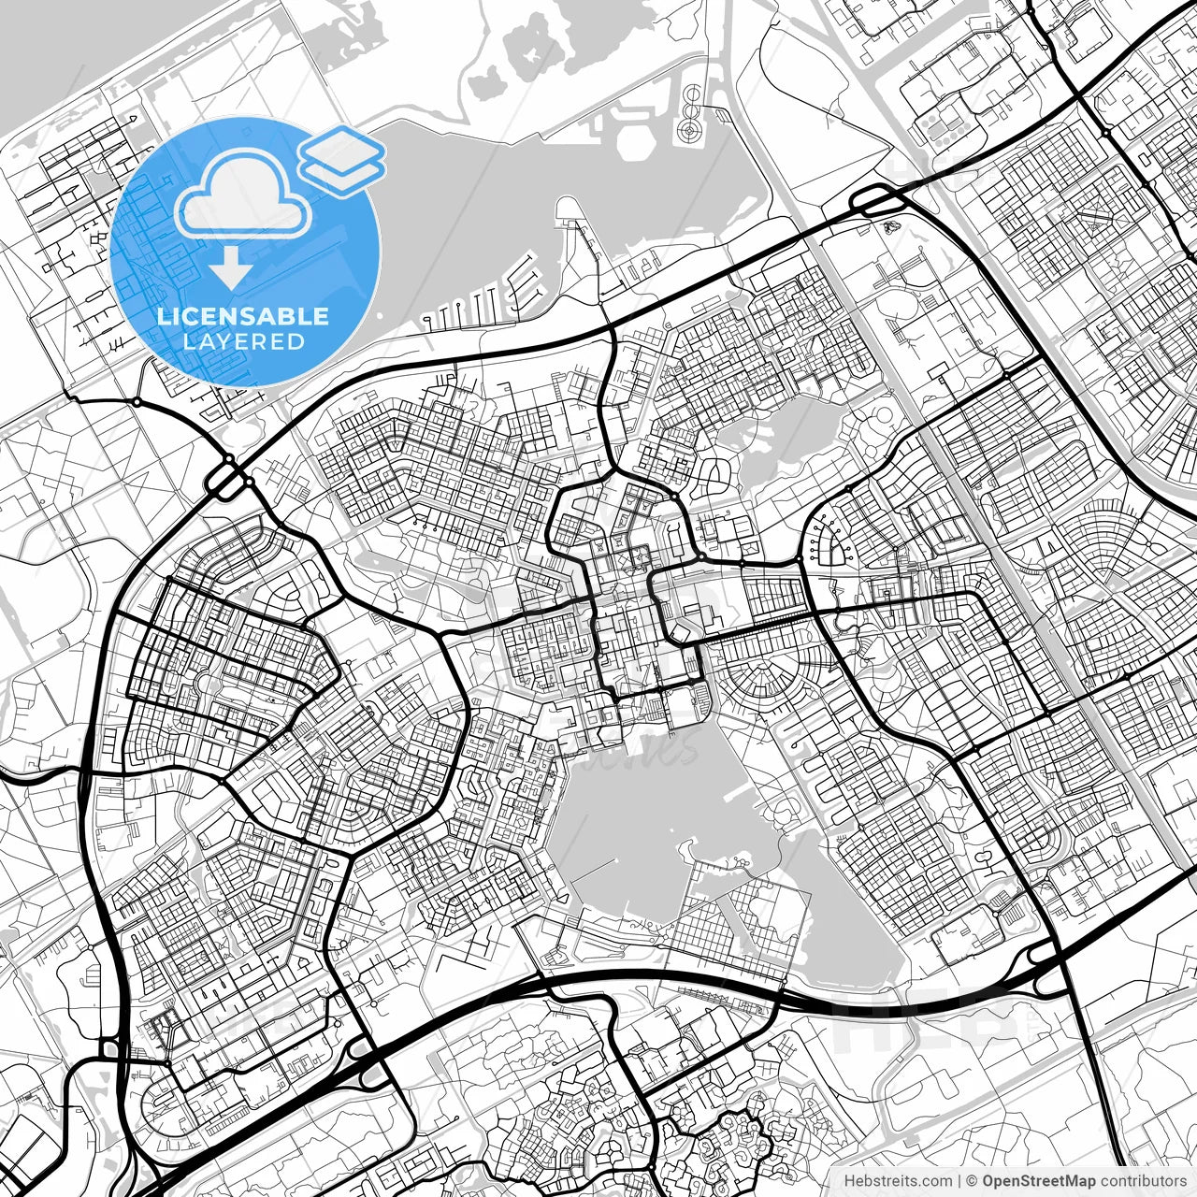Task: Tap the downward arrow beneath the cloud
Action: coord(230,269)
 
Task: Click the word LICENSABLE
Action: coord(243,316)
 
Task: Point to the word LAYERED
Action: coord(243,342)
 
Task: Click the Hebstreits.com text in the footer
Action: coord(898,1181)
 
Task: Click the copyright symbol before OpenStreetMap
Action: coord(972,1181)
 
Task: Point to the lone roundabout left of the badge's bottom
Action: coord(137,402)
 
